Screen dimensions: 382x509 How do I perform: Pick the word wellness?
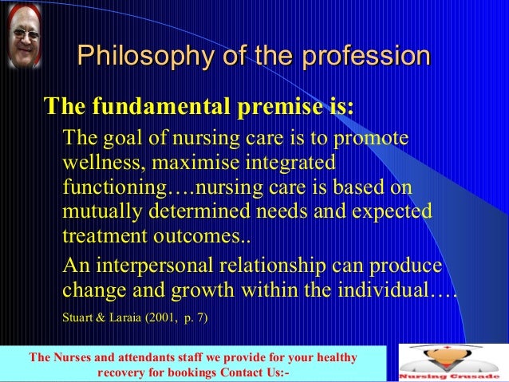[x=97, y=163]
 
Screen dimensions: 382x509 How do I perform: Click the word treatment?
[x=103, y=238]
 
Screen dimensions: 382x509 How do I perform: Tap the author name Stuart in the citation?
[x=77, y=318]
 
